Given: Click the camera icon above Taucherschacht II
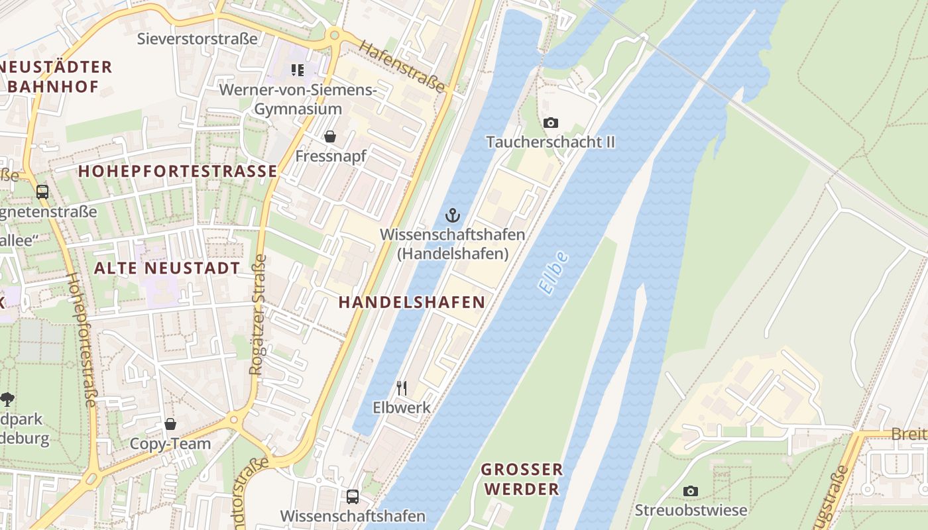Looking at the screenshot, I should [550, 123].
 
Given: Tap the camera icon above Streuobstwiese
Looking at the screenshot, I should [691, 491].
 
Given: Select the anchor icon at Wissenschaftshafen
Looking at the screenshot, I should [452, 215].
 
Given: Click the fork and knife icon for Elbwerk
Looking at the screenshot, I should [402, 388].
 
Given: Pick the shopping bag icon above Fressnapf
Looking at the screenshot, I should [329, 136].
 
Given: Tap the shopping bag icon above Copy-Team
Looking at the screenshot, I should [170, 424].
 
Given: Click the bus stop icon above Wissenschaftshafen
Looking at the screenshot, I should [353, 496].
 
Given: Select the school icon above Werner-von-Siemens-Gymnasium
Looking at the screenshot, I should [298, 70].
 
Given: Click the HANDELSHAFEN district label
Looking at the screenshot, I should [412, 302].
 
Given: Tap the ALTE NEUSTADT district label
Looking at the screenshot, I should [167, 268].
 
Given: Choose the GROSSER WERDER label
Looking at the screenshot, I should [522, 479].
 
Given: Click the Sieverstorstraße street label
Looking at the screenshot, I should [197, 38].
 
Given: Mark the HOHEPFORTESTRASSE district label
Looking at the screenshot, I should [178, 171].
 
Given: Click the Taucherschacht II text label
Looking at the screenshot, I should [550, 142].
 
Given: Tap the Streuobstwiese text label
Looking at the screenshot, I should [691, 510].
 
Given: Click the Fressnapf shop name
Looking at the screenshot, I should [330, 156].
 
